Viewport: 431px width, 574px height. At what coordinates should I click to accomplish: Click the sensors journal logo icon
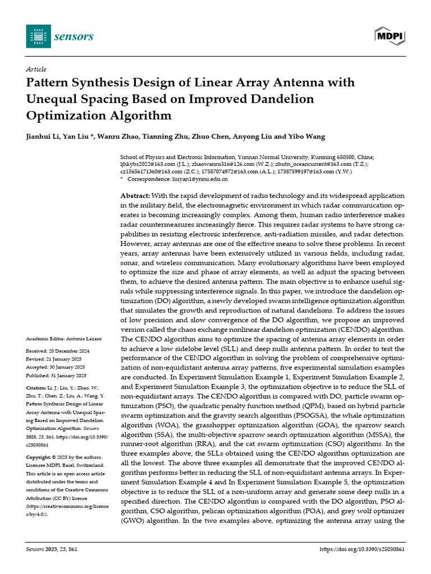38,36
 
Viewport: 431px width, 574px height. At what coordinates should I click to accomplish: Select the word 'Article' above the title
36,70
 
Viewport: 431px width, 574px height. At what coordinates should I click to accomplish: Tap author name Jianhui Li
43,137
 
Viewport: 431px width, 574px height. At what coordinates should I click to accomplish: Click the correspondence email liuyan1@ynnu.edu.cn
199,179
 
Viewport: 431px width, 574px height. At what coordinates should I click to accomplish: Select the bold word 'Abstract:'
135,196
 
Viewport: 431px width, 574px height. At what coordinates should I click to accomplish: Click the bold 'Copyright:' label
40,457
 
